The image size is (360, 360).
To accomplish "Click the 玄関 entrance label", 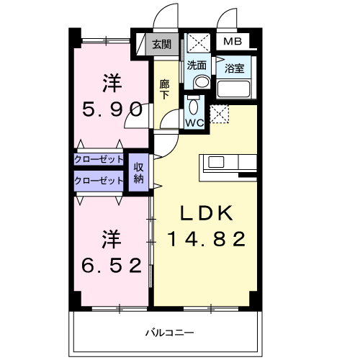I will click(161, 45).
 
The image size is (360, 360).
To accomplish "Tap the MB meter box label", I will click(232, 41).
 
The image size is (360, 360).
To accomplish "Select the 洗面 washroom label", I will click(197, 65).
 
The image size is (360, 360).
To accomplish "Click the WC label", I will click(194, 123).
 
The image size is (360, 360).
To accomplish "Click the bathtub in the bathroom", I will click(234, 90).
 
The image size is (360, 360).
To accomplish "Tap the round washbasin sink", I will click(201, 82).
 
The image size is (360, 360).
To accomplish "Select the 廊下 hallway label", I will click(164, 89).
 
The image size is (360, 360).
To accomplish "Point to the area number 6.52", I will click(109, 265).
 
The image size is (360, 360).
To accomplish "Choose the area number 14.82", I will click(207, 238).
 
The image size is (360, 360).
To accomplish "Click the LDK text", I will click(206, 213).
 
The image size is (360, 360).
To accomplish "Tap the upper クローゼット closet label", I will click(99, 159).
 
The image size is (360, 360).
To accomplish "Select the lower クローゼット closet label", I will click(99, 181).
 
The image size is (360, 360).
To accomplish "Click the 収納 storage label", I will click(139, 173).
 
